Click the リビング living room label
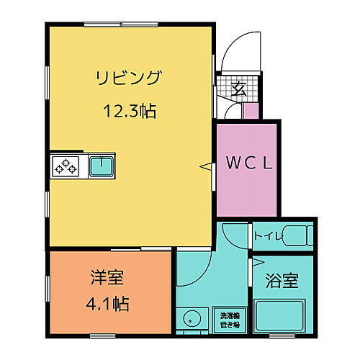point(130,78)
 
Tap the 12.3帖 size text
point(130,112)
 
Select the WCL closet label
point(247,164)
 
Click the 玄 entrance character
point(238,90)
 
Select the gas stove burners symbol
point(67,167)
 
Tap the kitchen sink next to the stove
point(101,167)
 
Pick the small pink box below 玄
point(251,110)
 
